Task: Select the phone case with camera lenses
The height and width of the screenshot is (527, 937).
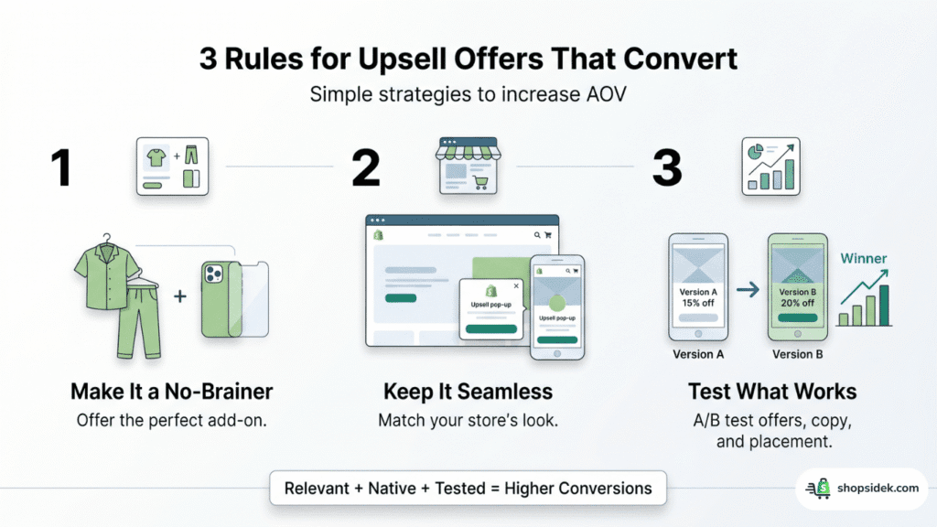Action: point(221,298)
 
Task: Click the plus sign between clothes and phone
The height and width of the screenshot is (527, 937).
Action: point(180,297)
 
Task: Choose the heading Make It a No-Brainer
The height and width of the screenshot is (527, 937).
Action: point(171,393)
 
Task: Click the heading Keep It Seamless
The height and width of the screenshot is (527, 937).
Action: point(468,393)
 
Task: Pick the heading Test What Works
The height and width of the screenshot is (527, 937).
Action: point(772,393)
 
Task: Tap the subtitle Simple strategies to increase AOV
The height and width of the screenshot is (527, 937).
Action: point(468,94)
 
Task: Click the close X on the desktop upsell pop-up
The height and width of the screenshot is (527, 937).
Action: point(516,285)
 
